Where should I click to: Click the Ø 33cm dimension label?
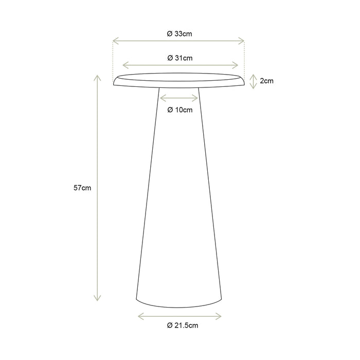(x=179, y=34)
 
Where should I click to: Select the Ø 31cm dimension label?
(x=180, y=58)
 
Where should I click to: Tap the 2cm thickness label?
(x=266, y=81)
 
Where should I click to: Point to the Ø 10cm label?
(x=180, y=110)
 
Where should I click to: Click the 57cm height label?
(x=82, y=188)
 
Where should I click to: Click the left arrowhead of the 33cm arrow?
(x=114, y=40)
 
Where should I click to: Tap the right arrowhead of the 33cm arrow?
(x=244, y=40)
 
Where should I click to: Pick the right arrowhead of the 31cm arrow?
(x=237, y=65)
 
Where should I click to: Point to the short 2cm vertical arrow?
(x=253, y=81)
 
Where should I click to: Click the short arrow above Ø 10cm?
(x=180, y=97)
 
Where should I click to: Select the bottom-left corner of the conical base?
(x=136, y=299)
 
